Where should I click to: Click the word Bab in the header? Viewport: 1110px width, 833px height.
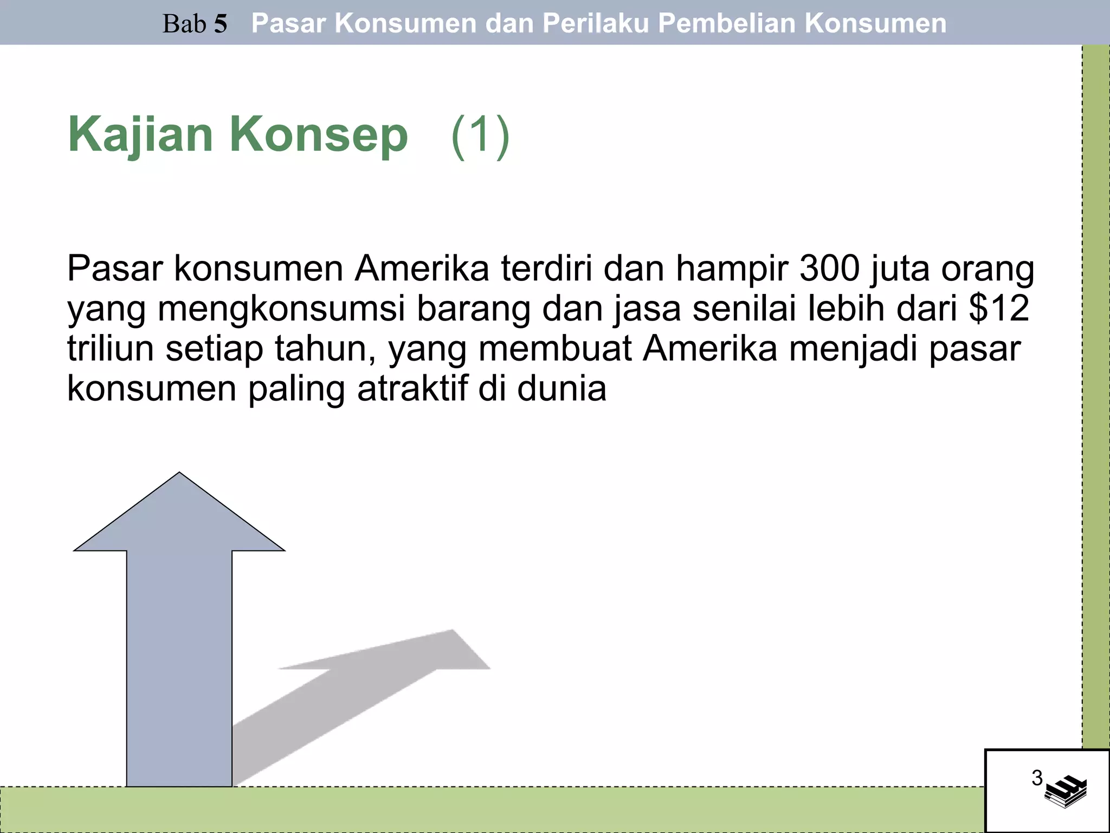184,24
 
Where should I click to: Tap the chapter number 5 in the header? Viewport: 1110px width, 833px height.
220,24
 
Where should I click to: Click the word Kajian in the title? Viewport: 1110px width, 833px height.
140,136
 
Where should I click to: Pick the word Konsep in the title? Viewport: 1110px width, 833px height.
319,136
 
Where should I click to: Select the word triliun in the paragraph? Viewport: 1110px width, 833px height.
111,349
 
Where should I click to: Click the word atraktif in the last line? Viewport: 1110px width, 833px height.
412,389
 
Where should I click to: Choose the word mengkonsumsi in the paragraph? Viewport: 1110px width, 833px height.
282,309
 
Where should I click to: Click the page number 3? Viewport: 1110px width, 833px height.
1037,778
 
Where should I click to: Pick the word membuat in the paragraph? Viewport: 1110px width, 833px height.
555,349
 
